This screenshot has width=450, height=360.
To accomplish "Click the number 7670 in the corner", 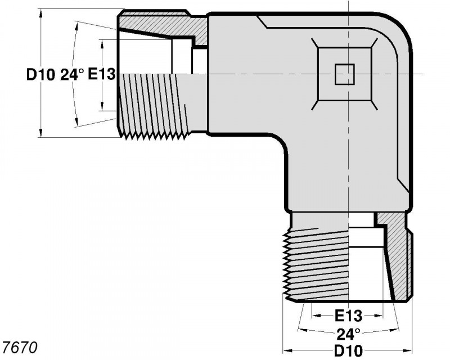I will coord(20,348).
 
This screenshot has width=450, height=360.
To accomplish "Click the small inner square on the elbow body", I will coord(345,74).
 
